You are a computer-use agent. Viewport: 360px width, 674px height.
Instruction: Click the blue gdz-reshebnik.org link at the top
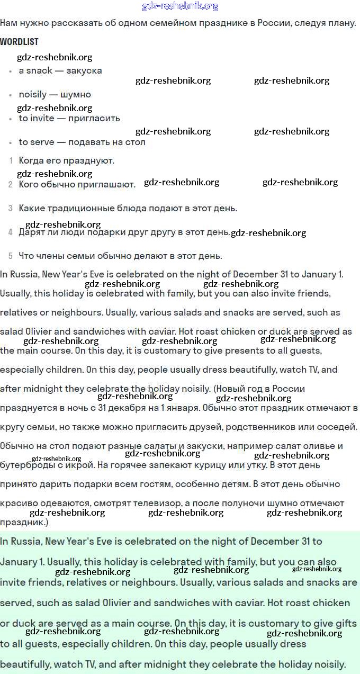click(180, 6)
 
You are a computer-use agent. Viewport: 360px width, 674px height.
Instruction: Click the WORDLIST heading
click(19, 42)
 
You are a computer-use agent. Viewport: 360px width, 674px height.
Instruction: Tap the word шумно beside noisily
click(76, 95)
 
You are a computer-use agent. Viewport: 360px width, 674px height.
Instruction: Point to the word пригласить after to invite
click(94, 118)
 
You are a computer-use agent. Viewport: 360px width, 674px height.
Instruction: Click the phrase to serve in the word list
click(34, 142)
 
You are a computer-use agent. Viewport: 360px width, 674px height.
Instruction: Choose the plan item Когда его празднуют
click(67, 160)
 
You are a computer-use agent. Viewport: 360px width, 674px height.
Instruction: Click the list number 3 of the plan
click(11, 209)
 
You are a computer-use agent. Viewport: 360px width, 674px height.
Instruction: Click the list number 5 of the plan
click(11, 256)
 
